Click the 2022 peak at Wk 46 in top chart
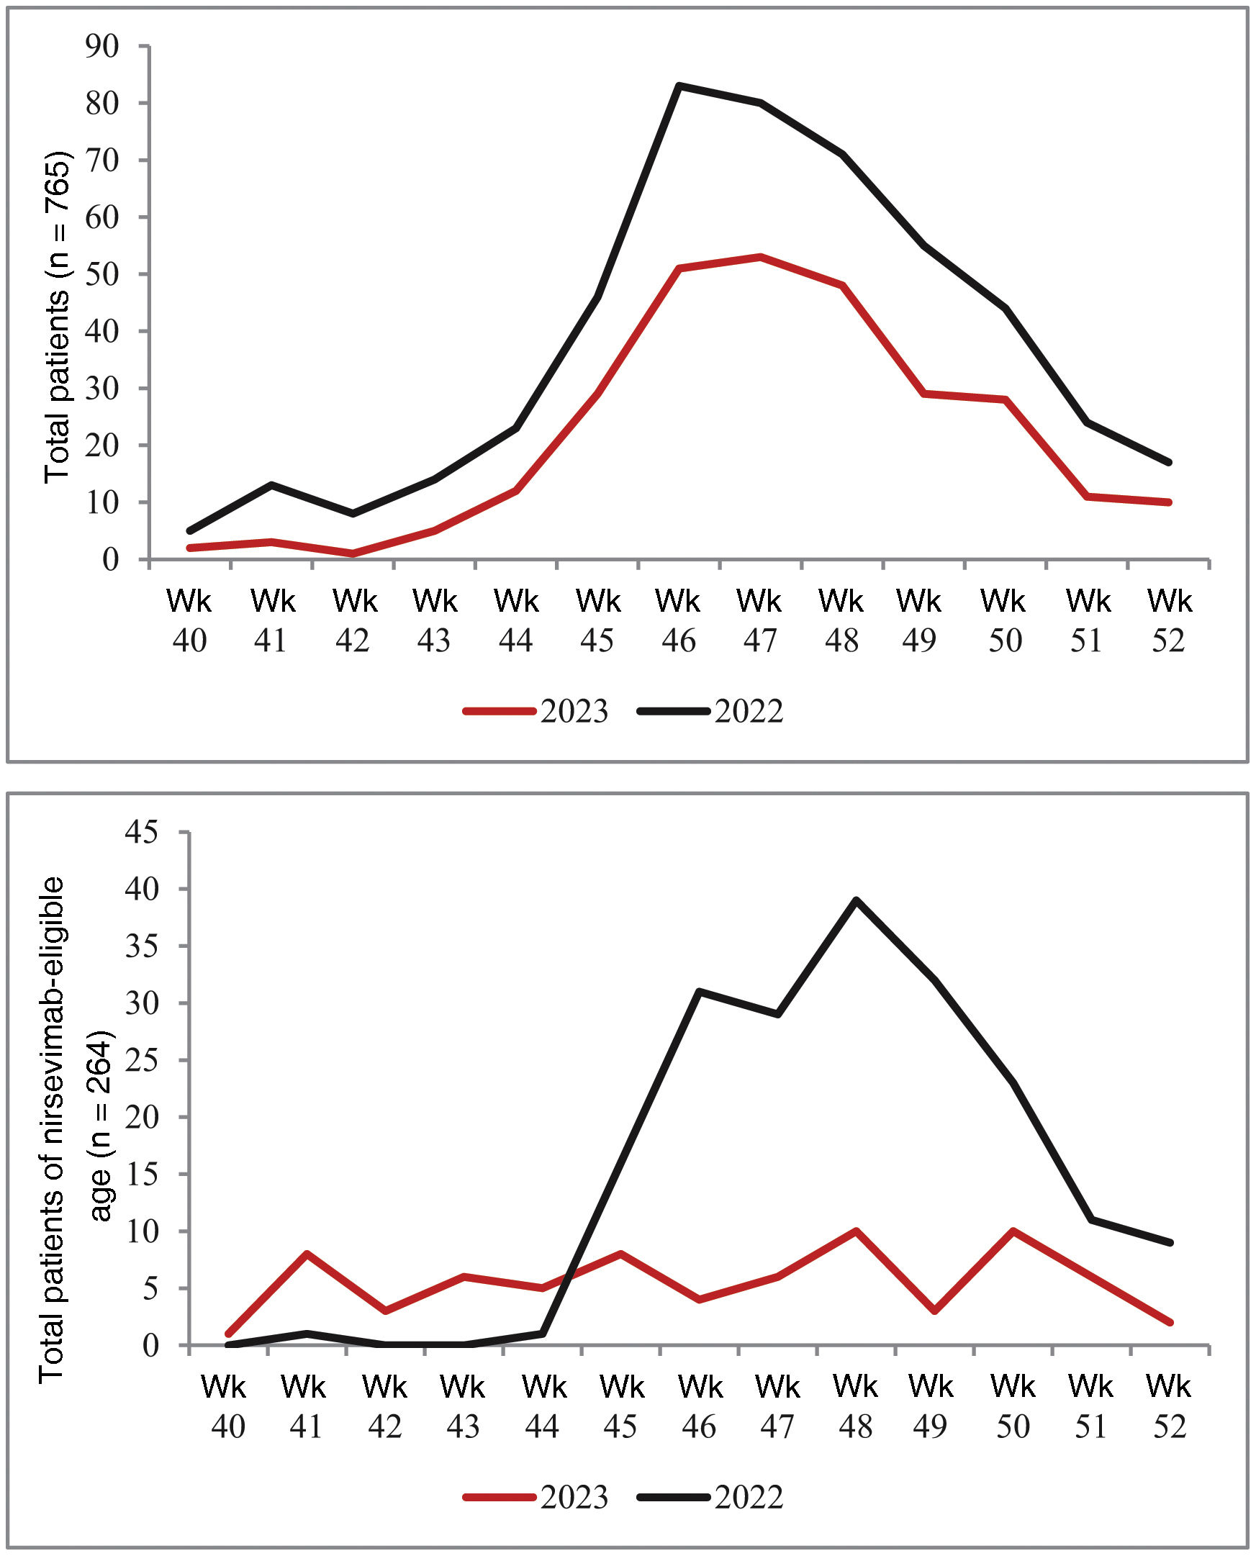(x=679, y=86)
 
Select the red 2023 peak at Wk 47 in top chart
(x=760, y=256)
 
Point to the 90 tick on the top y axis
(x=102, y=46)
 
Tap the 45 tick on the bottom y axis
(x=141, y=832)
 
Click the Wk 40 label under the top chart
(x=189, y=620)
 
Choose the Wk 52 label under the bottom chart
(x=1168, y=1407)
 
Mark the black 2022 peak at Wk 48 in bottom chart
(x=856, y=900)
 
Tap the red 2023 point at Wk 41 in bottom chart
(x=307, y=1254)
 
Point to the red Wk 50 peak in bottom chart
(x=1013, y=1231)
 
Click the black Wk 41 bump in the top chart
(x=271, y=484)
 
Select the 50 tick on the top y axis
(x=102, y=274)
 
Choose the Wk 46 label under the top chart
(x=679, y=620)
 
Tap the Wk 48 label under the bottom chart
(x=856, y=1407)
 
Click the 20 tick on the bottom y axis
(x=141, y=1117)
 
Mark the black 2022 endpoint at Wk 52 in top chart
(x=1168, y=462)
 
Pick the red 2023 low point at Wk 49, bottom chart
(x=936, y=1311)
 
